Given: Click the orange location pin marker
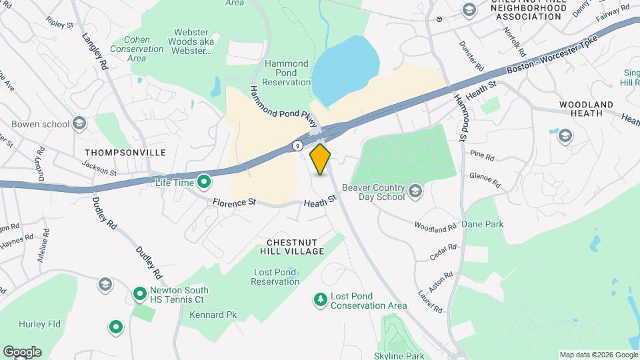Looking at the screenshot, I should (x=321, y=159).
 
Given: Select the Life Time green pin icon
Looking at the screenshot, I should (x=205, y=181).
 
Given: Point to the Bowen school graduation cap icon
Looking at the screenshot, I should (x=79, y=123).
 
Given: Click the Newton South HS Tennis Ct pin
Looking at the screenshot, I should (x=139, y=293).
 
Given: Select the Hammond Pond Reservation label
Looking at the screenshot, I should (x=286, y=73).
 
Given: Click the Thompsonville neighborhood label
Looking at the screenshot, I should (x=125, y=153).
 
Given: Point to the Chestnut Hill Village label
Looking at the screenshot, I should (x=295, y=246).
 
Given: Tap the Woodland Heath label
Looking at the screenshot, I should (x=586, y=109).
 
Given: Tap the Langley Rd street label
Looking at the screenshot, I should (x=95, y=53).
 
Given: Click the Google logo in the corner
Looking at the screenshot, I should (x=22, y=352).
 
